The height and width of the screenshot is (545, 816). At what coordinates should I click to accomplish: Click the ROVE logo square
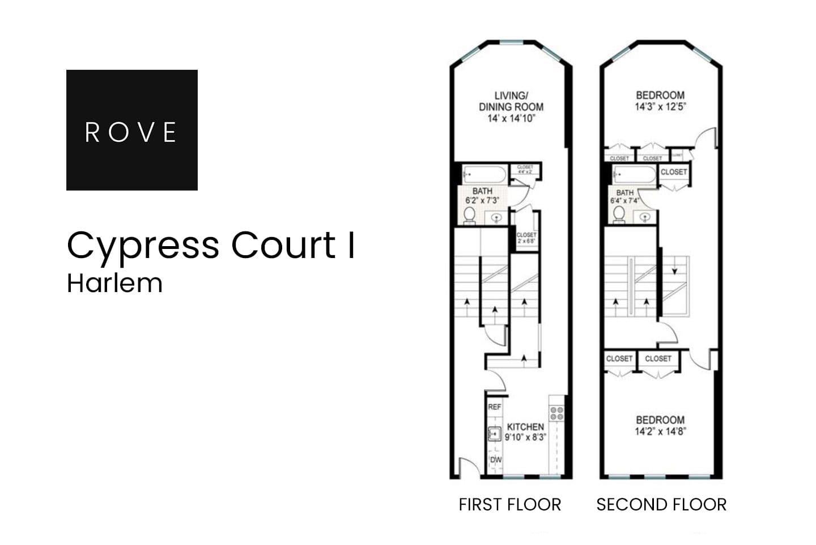click(x=131, y=130)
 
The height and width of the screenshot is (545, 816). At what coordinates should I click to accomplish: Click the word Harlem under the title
click(x=114, y=283)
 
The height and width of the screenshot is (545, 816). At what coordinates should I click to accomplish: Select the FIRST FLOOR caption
click(x=509, y=504)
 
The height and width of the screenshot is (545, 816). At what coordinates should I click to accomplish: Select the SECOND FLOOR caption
click(x=661, y=504)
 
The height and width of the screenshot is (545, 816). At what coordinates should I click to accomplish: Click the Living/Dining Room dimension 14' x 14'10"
click(x=511, y=119)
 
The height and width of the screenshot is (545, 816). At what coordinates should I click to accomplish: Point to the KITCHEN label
click(x=525, y=426)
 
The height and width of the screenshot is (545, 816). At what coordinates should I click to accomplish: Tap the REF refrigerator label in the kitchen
click(x=495, y=407)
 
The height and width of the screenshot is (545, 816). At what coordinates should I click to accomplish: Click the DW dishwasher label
click(x=495, y=459)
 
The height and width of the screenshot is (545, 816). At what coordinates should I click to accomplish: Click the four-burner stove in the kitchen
click(x=556, y=413)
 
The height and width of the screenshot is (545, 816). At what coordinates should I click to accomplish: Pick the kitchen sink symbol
click(x=495, y=434)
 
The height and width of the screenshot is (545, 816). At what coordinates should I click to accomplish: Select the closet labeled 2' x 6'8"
click(x=526, y=238)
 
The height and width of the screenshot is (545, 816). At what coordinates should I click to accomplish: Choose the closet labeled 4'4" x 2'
click(x=525, y=169)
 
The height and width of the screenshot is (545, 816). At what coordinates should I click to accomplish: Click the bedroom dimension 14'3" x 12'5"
click(x=660, y=106)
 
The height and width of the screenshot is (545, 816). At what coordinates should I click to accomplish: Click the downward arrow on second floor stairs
click(x=674, y=271)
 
